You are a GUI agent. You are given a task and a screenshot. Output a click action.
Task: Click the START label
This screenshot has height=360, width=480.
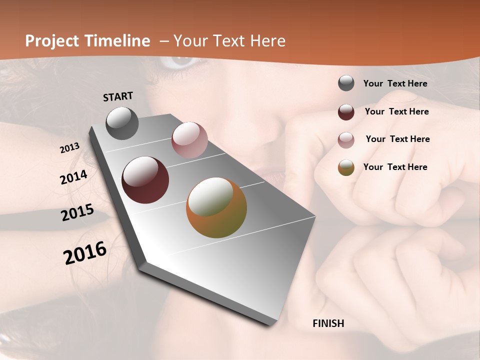pos(118,96)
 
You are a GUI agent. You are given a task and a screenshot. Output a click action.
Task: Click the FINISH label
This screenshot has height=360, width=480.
pos(328,323)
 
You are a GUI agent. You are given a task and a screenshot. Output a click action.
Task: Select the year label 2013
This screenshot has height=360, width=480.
pos(70,148)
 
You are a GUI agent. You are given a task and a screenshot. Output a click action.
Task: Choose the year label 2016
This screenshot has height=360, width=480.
pos(85,253)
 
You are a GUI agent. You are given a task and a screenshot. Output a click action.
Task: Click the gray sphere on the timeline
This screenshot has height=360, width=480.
pos(122,123)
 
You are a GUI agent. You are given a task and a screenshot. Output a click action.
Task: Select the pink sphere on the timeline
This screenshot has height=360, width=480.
pos(189,140)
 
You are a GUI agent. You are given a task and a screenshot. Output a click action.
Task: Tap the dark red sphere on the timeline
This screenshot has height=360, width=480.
pos(145,180)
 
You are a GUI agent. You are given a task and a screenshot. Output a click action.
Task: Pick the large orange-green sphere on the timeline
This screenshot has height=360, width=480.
pos(216,207)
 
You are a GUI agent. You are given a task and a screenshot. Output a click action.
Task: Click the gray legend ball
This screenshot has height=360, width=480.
pos(346,83)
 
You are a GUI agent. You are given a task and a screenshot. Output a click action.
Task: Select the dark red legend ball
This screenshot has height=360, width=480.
pos(346,111)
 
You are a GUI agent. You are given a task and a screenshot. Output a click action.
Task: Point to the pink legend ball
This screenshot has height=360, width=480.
pos(346,139)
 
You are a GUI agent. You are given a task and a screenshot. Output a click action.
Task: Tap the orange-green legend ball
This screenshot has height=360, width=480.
pos(346,167)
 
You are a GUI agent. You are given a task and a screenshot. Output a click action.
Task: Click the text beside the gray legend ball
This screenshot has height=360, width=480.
pos(395,83)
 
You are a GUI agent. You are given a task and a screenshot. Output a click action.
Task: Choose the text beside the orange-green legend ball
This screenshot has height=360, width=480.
pos(395,167)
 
